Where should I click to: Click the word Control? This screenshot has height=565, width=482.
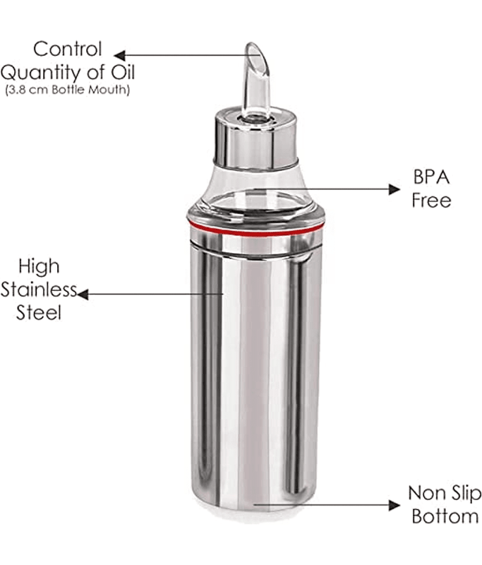click(x=68, y=49)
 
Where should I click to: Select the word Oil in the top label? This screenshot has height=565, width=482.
click(x=123, y=72)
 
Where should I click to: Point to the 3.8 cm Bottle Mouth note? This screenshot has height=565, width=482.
click(x=67, y=90)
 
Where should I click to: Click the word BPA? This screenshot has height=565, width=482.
click(x=431, y=177)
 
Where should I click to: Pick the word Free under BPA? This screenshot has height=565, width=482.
click(x=431, y=201)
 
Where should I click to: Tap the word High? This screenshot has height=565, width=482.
click(x=39, y=268)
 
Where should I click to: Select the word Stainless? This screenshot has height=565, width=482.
click(x=39, y=290)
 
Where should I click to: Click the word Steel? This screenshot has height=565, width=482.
click(x=39, y=313)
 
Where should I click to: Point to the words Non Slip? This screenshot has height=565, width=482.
click(x=445, y=494)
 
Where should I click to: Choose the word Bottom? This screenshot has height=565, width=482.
click(x=445, y=516)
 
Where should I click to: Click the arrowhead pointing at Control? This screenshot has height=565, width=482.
click(x=119, y=56)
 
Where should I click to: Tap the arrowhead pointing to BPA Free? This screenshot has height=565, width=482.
click(x=394, y=189)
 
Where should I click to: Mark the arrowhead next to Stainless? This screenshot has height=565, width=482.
click(x=83, y=295)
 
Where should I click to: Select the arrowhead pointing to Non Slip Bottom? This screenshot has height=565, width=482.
click(x=394, y=505)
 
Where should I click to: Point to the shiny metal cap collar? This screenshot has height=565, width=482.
click(x=256, y=138)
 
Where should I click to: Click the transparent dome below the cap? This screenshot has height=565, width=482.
click(x=256, y=191)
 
